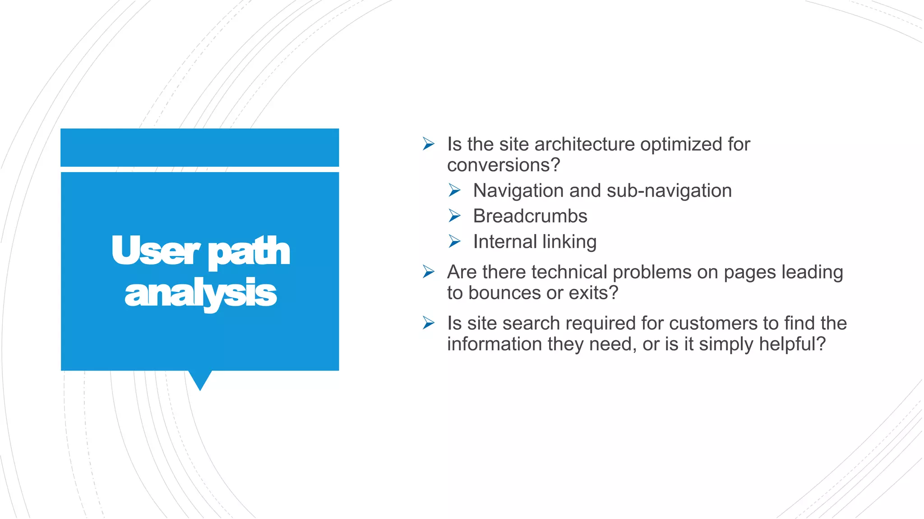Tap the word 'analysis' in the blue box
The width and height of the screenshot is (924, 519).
coord(200,293)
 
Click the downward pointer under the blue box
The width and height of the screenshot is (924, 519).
coord(200,380)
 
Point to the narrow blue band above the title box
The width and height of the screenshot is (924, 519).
coord(200,147)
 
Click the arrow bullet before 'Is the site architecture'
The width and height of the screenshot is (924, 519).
coord(428,144)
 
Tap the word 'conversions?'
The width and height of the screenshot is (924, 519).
coord(503,165)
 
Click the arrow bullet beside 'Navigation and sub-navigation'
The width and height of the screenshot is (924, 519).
coord(454,191)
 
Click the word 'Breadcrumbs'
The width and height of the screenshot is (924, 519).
coord(530,216)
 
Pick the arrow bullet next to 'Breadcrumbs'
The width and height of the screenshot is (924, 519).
coord(454,216)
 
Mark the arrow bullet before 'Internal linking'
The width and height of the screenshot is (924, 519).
coord(454,242)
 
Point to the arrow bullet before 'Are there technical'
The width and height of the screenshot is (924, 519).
coord(428,272)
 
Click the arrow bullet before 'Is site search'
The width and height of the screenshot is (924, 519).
coord(428,323)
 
